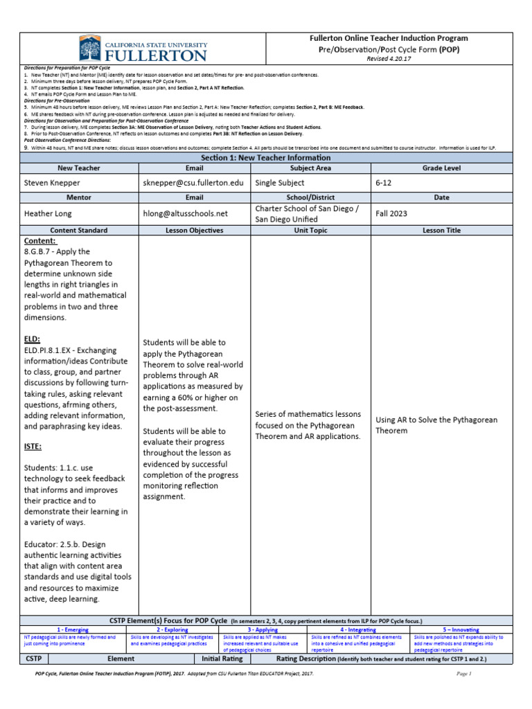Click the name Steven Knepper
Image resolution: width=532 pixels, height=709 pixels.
pos(52,183)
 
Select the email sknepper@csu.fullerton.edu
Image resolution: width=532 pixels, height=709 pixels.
pos(193,183)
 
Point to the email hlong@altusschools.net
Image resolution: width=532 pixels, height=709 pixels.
pos(185,214)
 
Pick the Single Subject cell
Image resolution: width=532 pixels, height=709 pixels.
pos(279,183)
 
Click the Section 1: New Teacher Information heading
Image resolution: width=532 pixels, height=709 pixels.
pos(266,158)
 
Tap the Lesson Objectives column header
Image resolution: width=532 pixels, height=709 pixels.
pos(194,231)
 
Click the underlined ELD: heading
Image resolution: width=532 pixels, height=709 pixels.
pos(32,339)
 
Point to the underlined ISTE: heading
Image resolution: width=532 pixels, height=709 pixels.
pos(33,447)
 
